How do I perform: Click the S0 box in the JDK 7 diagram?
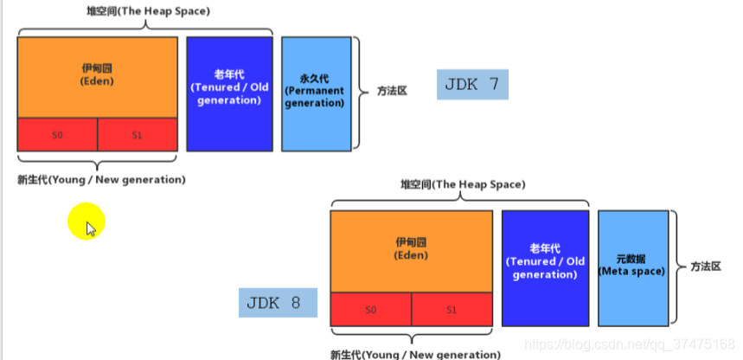57,135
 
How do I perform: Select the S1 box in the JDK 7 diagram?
138,135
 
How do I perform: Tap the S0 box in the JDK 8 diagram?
370,309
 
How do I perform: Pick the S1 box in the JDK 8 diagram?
452,309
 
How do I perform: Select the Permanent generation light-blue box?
316,93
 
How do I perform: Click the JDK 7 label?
472,85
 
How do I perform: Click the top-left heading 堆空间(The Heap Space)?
144,10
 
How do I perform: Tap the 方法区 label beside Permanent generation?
392,90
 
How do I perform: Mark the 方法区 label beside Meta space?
705,267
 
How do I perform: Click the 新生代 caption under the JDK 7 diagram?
101,180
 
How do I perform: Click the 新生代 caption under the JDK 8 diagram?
415,354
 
